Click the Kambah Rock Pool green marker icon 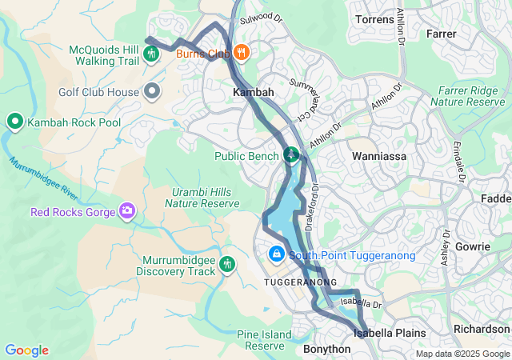tap(14, 122)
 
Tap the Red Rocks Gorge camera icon tap(126, 211)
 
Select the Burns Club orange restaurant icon tap(242, 54)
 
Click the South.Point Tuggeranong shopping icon tap(276, 254)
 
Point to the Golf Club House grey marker tap(153, 92)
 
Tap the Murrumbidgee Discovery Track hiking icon tap(227, 263)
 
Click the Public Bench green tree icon tap(292, 154)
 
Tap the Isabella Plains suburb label tap(390, 331)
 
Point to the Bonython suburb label tap(326, 349)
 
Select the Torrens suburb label tap(373, 19)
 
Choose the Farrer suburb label tap(442, 34)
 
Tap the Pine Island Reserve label tap(261, 340)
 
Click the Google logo tap(26, 350)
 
